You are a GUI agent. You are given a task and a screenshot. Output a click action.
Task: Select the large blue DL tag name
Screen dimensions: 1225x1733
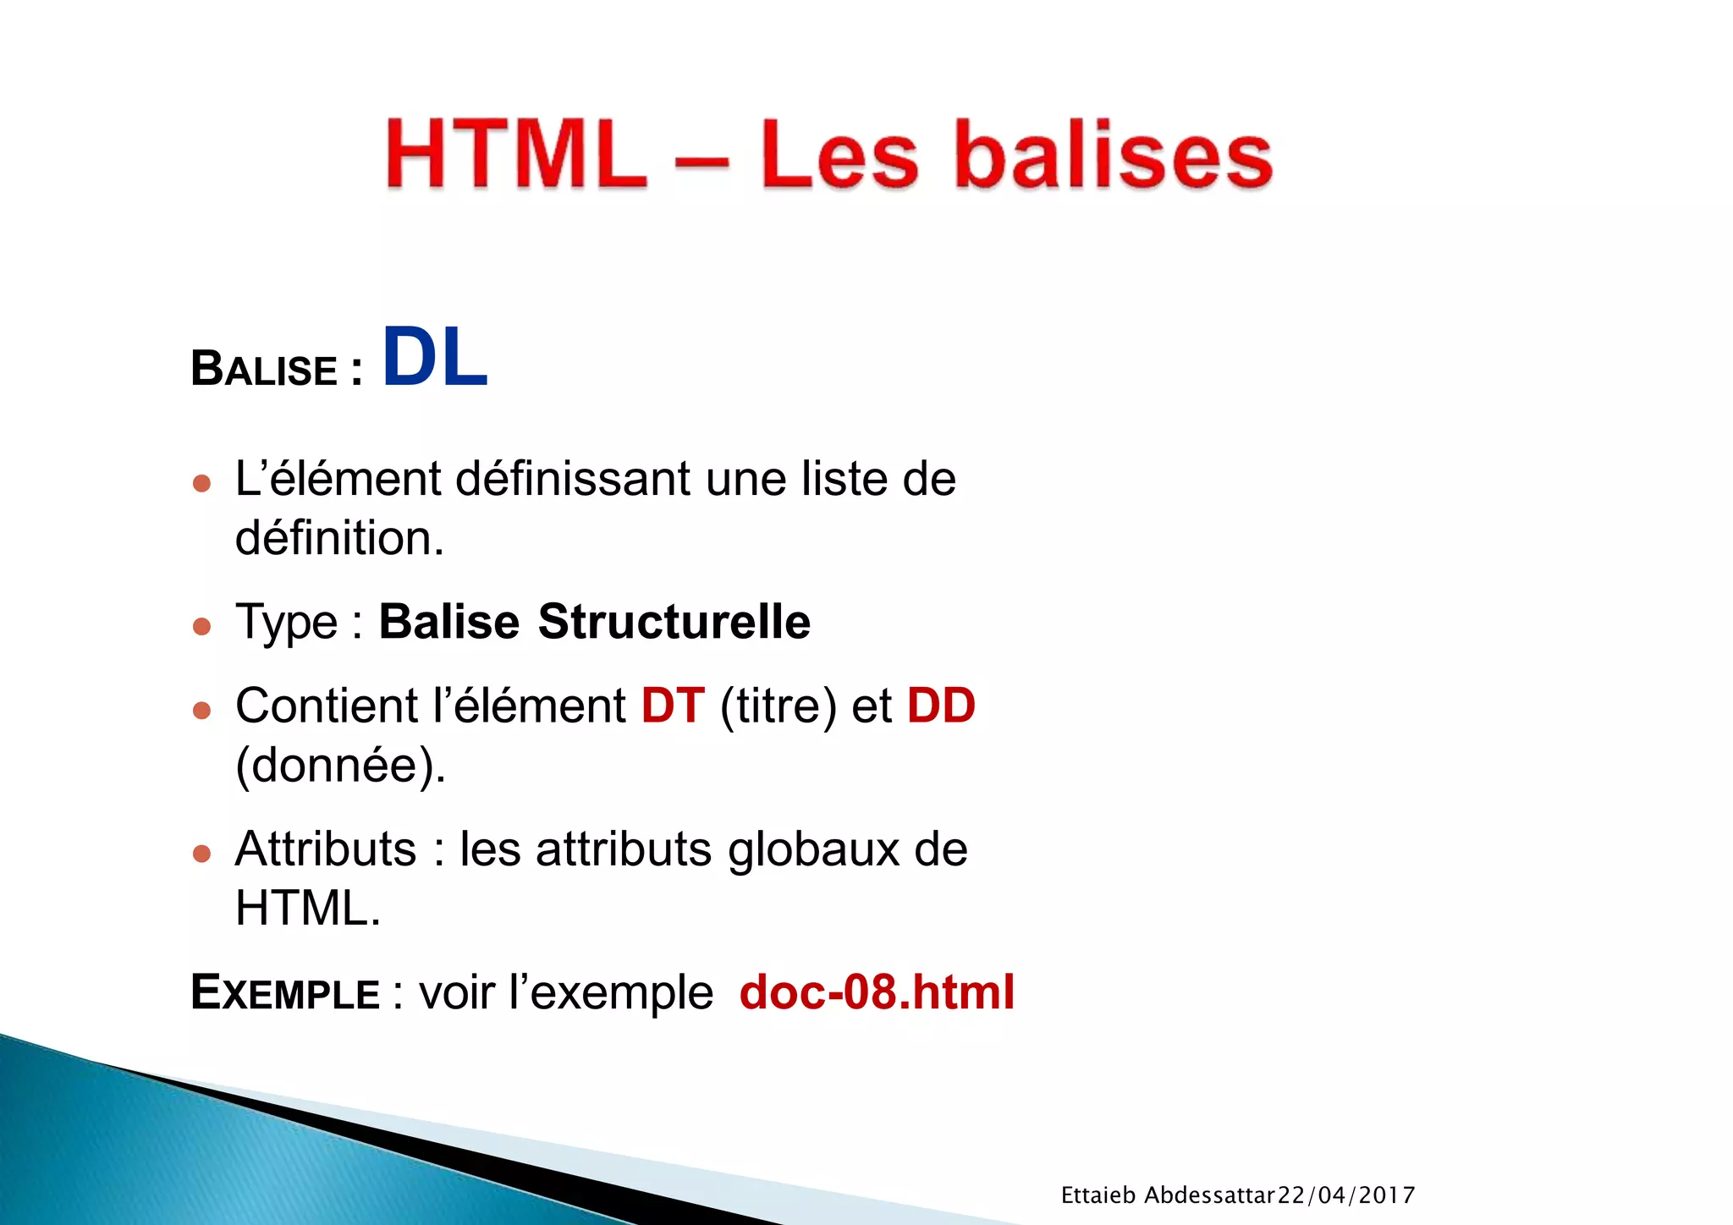pos(435,359)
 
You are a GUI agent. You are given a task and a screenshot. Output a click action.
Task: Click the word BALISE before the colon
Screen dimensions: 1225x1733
pos(264,370)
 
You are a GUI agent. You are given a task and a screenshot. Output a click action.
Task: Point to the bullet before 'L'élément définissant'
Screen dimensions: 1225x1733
pos(201,483)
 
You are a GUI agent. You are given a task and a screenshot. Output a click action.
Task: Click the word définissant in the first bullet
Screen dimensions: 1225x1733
pos(573,480)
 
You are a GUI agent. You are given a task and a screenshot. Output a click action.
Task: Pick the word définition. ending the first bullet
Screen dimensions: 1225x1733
pos(339,538)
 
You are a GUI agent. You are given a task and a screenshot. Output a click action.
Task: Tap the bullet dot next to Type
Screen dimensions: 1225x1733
pos(201,626)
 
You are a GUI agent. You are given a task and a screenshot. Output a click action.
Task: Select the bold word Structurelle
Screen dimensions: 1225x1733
pos(674,623)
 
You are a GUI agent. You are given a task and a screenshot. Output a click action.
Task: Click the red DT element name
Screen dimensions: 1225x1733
pos(673,706)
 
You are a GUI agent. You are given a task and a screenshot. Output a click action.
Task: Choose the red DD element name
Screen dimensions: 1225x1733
pos(941,706)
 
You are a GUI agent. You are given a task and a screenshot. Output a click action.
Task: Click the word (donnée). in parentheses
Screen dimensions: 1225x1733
pos(340,766)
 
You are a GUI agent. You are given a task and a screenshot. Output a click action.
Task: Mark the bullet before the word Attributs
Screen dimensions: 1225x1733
pos(201,853)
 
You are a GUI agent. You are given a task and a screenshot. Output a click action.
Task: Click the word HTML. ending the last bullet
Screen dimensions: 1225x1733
pos(308,909)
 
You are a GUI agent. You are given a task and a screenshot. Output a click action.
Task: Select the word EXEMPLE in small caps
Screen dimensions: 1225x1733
pos(285,992)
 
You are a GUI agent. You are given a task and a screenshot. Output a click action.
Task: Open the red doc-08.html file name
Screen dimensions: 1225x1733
pos(877,992)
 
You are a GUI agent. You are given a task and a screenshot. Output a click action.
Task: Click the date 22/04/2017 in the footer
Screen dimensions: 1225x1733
pos(1345,1195)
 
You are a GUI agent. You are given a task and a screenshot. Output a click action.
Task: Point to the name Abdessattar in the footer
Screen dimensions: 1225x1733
pos(1209,1195)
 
